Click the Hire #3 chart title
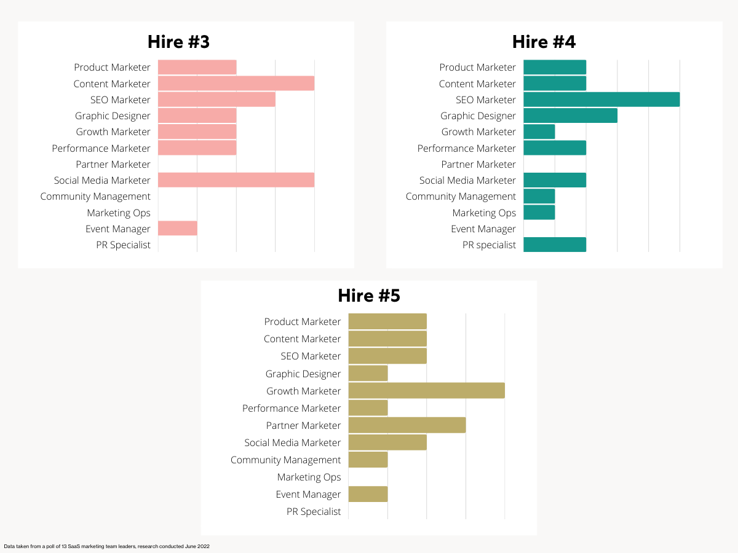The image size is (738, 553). pyautogui.click(x=178, y=42)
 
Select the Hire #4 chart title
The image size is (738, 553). pyautogui.click(x=544, y=42)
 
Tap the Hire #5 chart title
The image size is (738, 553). pyautogui.click(x=369, y=296)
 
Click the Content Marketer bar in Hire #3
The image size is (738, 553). pyautogui.click(x=236, y=84)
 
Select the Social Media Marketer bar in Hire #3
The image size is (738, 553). pyautogui.click(x=236, y=180)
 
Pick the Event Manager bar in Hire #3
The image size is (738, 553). pyautogui.click(x=178, y=229)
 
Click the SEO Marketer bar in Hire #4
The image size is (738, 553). pyautogui.click(x=601, y=100)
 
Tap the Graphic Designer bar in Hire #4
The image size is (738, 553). pyautogui.click(x=570, y=116)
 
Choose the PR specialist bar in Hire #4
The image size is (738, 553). pyautogui.click(x=555, y=245)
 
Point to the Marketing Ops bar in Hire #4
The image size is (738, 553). pyautogui.click(x=539, y=213)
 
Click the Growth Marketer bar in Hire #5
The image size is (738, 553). pyautogui.click(x=427, y=391)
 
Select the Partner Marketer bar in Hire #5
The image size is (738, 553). pyautogui.click(x=407, y=425)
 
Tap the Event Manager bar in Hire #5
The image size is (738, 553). pyautogui.click(x=368, y=494)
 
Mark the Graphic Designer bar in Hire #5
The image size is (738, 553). pyautogui.click(x=368, y=374)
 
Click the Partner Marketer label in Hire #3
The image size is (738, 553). pyautogui.click(x=113, y=164)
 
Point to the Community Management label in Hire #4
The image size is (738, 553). pyautogui.click(x=461, y=197)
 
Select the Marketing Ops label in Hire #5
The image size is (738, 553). pyautogui.click(x=309, y=477)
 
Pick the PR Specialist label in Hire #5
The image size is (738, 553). pyautogui.click(x=314, y=511)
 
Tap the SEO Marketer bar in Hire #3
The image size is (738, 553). pyautogui.click(x=216, y=100)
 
